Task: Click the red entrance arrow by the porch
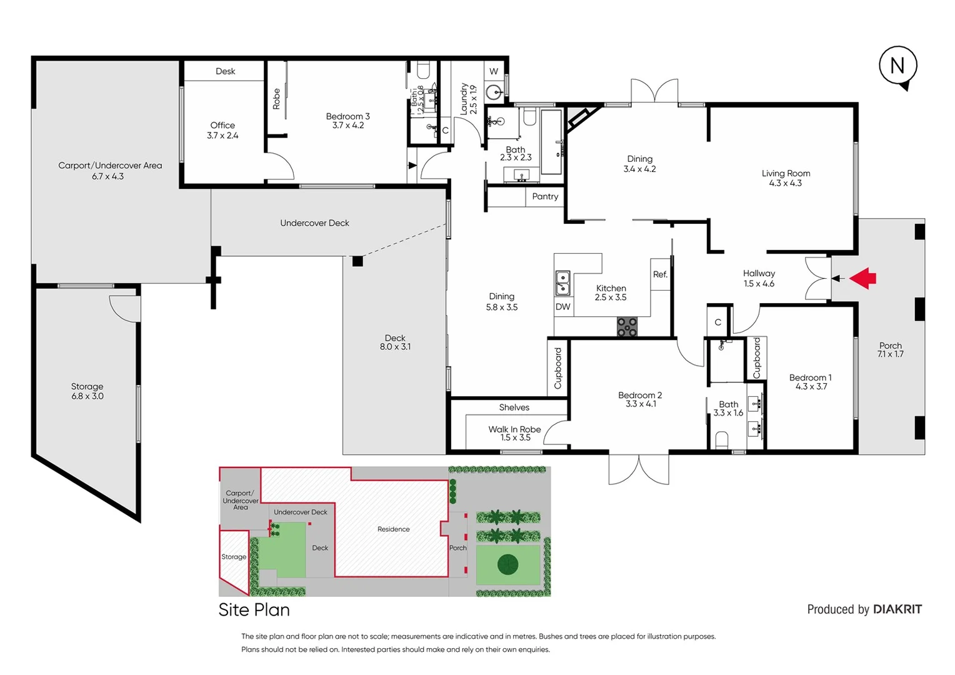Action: click(864, 278)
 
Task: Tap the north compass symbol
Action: click(897, 66)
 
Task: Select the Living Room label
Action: click(786, 173)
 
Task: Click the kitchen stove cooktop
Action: click(627, 327)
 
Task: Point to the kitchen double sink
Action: click(562, 282)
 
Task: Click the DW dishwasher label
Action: click(562, 307)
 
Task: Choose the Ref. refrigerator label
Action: click(660, 274)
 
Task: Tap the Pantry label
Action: click(545, 196)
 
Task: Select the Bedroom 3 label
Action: click(347, 116)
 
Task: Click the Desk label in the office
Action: click(225, 71)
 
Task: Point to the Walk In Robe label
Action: click(514, 429)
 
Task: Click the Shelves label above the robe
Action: click(514, 407)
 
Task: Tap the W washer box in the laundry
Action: click(494, 71)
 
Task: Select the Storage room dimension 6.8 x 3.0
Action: click(87, 396)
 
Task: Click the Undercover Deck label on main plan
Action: click(314, 223)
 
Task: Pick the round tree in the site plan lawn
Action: click(507, 564)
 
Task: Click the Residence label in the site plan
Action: click(393, 529)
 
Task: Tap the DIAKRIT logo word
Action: click(897, 609)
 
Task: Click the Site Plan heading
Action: click(254, 610)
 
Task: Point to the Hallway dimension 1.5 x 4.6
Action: click(759, 284)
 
